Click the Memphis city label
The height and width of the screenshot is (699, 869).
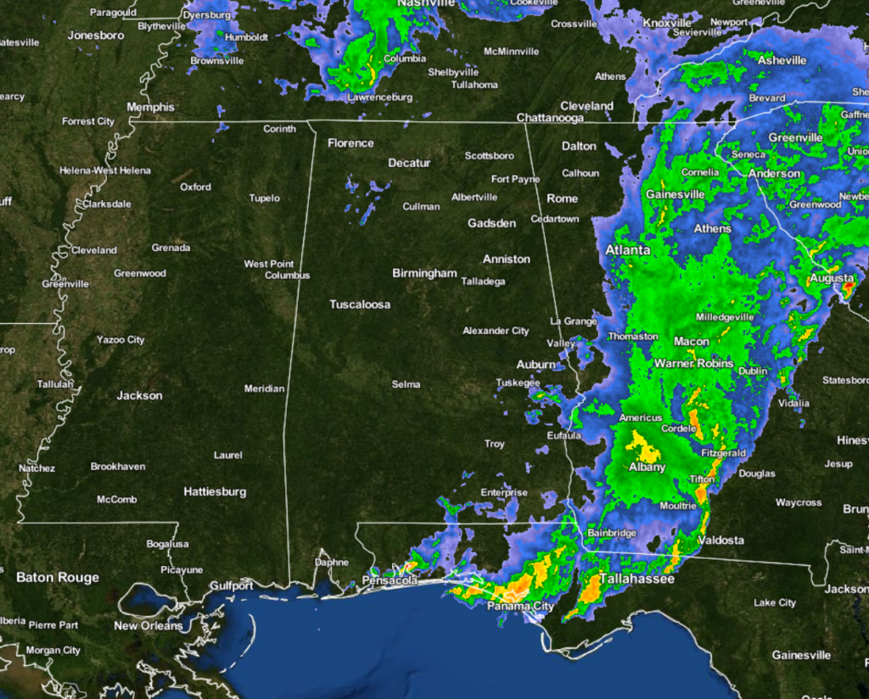point(150,107)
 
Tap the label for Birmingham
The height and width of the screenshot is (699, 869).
point(424,273)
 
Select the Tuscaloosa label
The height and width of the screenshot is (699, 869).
point(360,304)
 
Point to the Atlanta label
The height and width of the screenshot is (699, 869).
point(628,250)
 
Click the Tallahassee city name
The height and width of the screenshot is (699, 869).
point(636,579)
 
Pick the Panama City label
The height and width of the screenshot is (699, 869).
point(520,607)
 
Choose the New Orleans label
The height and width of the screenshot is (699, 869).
point(149,625)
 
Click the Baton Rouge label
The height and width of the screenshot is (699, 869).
point(58,578)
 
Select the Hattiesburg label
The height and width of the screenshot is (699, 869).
point(215,491)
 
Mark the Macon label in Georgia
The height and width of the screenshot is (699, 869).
point(691,341)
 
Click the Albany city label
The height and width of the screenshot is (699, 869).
point(647,467)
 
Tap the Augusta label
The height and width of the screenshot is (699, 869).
point(832,277)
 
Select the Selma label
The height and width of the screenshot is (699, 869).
point(406,384)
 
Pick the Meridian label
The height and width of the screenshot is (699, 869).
point(264,389)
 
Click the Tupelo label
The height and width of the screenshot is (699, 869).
point(264,199)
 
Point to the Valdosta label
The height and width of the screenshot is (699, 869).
point(720,540)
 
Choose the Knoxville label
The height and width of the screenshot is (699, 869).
point(668,23)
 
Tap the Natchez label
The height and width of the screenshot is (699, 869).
point(36,468)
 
